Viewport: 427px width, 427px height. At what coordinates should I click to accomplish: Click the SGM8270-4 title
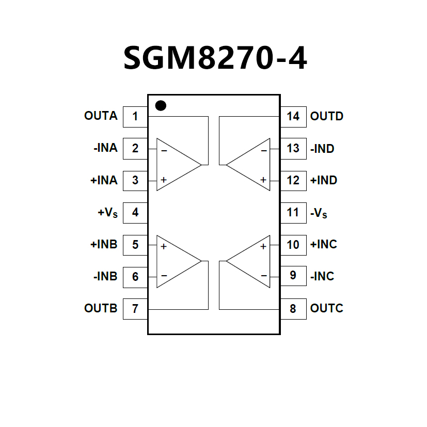pyautogui.click(x=215, y=58)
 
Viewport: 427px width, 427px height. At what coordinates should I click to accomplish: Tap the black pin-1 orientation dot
pyautogui.click(x=161, y=106)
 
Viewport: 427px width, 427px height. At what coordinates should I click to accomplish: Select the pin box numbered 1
pyautogui.click(x=135, y=116)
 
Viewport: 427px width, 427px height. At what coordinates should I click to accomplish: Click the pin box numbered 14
pyautogui.click(x=293, y=116)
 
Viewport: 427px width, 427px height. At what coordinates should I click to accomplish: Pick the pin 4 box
pyautogui.click(x=135, y=212)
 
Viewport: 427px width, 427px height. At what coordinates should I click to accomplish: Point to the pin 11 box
pyautogui.click(x=293, y=212)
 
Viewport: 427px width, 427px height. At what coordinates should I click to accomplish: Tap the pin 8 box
pyautogui.click(x=293, y=309)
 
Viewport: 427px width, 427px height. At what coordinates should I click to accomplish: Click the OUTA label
pyautogui.click(x=101, y=116)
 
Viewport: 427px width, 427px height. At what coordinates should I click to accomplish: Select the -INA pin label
pyautogui.click(x=105, y=148)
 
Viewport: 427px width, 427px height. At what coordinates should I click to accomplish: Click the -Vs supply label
pyautogui.click(x=319, y=213)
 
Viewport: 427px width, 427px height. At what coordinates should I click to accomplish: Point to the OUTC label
pyautogui.click(x=326, y=309)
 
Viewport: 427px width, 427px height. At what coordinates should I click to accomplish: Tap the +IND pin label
pyautogui.click(x=323, y=180)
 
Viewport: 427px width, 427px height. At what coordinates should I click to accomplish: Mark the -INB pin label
pyautogui.click(x=105, y=276)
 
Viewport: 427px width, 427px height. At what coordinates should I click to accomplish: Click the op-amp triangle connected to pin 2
pyautogui.click(x=176, y=165)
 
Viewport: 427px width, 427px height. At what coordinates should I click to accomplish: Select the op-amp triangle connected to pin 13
pyautogui.click(x=251, y=165)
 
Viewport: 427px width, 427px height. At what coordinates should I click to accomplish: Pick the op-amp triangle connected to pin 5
pyautogui.click(x=176, y=261)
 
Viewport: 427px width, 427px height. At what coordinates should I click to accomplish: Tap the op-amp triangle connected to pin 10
pyautogui.click(x=251, y=261)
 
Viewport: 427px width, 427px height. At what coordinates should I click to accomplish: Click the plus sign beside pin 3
pyautogui.click(x=163, y=180)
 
